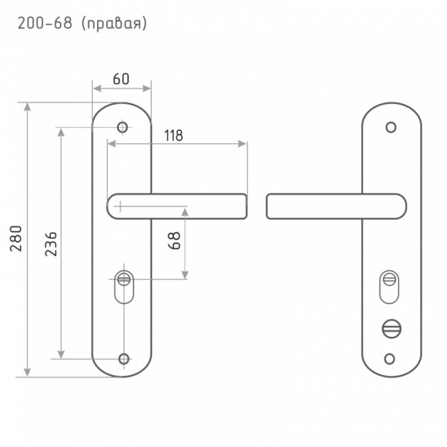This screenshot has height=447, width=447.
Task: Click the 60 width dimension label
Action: pyautogui.click(x=121, y=79)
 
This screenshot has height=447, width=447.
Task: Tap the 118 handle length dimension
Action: pyautogui.click(x=173, y=135)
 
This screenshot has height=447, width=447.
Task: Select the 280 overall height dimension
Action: pyautogui.click(x=16, y=239)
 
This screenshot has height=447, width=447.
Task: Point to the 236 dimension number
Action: pyautogui.click(x=52, y=244)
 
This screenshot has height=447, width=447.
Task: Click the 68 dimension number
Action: pyautogui.click(x=175, y=241)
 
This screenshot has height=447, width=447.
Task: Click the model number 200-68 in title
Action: pyautogui.click(x=45, y=23)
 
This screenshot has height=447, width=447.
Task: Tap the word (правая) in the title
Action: pyautogui.click(x=114, y=23)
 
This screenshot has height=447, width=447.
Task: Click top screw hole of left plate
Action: pyautogui.click(x=122, y=127)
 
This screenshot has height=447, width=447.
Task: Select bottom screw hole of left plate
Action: pyautogui.click(x=124, y=359)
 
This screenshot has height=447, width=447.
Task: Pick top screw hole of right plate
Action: pyautogui.click(x=391, y=127)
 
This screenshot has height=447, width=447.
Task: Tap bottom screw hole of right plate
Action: pyautogui.click(x=389, y=359)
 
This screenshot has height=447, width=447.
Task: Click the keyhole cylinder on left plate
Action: pyautogui.click(x=124, y=287)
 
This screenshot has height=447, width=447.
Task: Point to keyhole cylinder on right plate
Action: pyautogui.click(x=389, y=287)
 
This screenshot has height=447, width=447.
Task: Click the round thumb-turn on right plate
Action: pyautogui.click(x=391, y=329)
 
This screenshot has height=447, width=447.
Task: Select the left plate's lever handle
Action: pyautogui.click(x=177, y=206)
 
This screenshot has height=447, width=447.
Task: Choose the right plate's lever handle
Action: pyautogui.click(x=336, y=206)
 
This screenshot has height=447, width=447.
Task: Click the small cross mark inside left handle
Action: pyautogui.click(x=120, y=206)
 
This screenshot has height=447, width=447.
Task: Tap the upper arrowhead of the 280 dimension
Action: pyautogui.click(x=27, y=107)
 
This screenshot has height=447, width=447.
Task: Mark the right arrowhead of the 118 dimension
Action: pyautogui.click(x=242, y=144)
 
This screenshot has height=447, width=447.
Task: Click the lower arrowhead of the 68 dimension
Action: pyautogui.click(x=185, y=275)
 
